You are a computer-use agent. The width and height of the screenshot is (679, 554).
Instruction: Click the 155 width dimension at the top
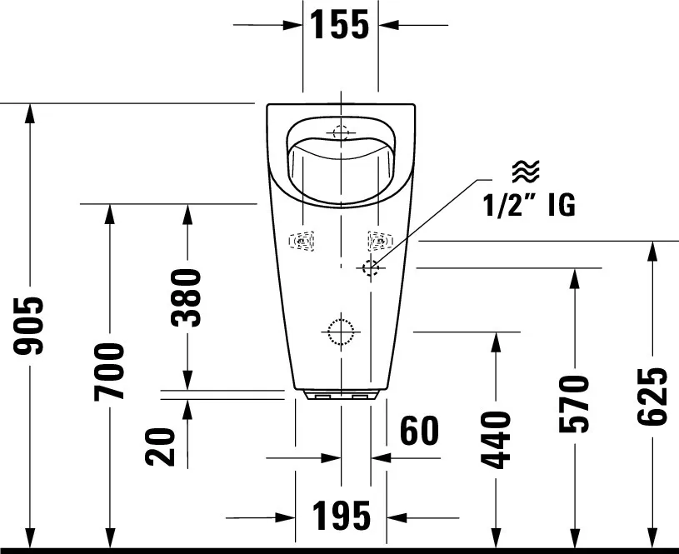(x=341, y=25)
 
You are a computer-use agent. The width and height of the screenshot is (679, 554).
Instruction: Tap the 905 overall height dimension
(x=28, y=326)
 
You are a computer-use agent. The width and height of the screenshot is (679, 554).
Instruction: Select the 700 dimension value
(x=109, y=372)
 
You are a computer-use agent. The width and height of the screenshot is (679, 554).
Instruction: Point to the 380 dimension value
(x=187, y=297)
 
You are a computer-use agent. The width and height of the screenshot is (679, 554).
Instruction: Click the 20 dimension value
(x=160, y=447)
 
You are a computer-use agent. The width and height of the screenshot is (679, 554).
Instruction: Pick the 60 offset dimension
(x=419, y=431)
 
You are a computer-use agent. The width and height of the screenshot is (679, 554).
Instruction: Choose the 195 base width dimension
(x=342, y=516)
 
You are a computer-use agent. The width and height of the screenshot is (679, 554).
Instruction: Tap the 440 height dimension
(x=496, y=441)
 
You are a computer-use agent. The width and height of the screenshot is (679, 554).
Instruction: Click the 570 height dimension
(x=574, y=404)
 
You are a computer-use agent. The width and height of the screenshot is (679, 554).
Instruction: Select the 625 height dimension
(x=652, y=396)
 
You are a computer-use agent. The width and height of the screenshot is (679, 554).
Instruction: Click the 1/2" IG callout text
(x=529, y=204)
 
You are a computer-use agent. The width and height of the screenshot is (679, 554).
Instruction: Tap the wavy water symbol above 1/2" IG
(x=526, y=170)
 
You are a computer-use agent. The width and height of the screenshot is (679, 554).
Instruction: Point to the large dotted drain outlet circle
(x=341, y=332)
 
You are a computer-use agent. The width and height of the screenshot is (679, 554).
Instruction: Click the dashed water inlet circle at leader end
(x=371, y=268)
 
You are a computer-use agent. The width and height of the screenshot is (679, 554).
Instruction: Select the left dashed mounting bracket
(x=302, y=241)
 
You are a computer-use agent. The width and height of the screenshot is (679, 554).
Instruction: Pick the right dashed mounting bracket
(x=381, y=241)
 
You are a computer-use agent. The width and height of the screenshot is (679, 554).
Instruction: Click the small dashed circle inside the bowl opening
(x=341, y=132)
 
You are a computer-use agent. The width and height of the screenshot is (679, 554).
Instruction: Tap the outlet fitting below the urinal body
(x=342, y=394)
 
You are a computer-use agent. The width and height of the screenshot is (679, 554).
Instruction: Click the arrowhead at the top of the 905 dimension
(x=29, y=113)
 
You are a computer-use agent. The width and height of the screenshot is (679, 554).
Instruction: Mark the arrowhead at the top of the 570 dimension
(x=575, y=278)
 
